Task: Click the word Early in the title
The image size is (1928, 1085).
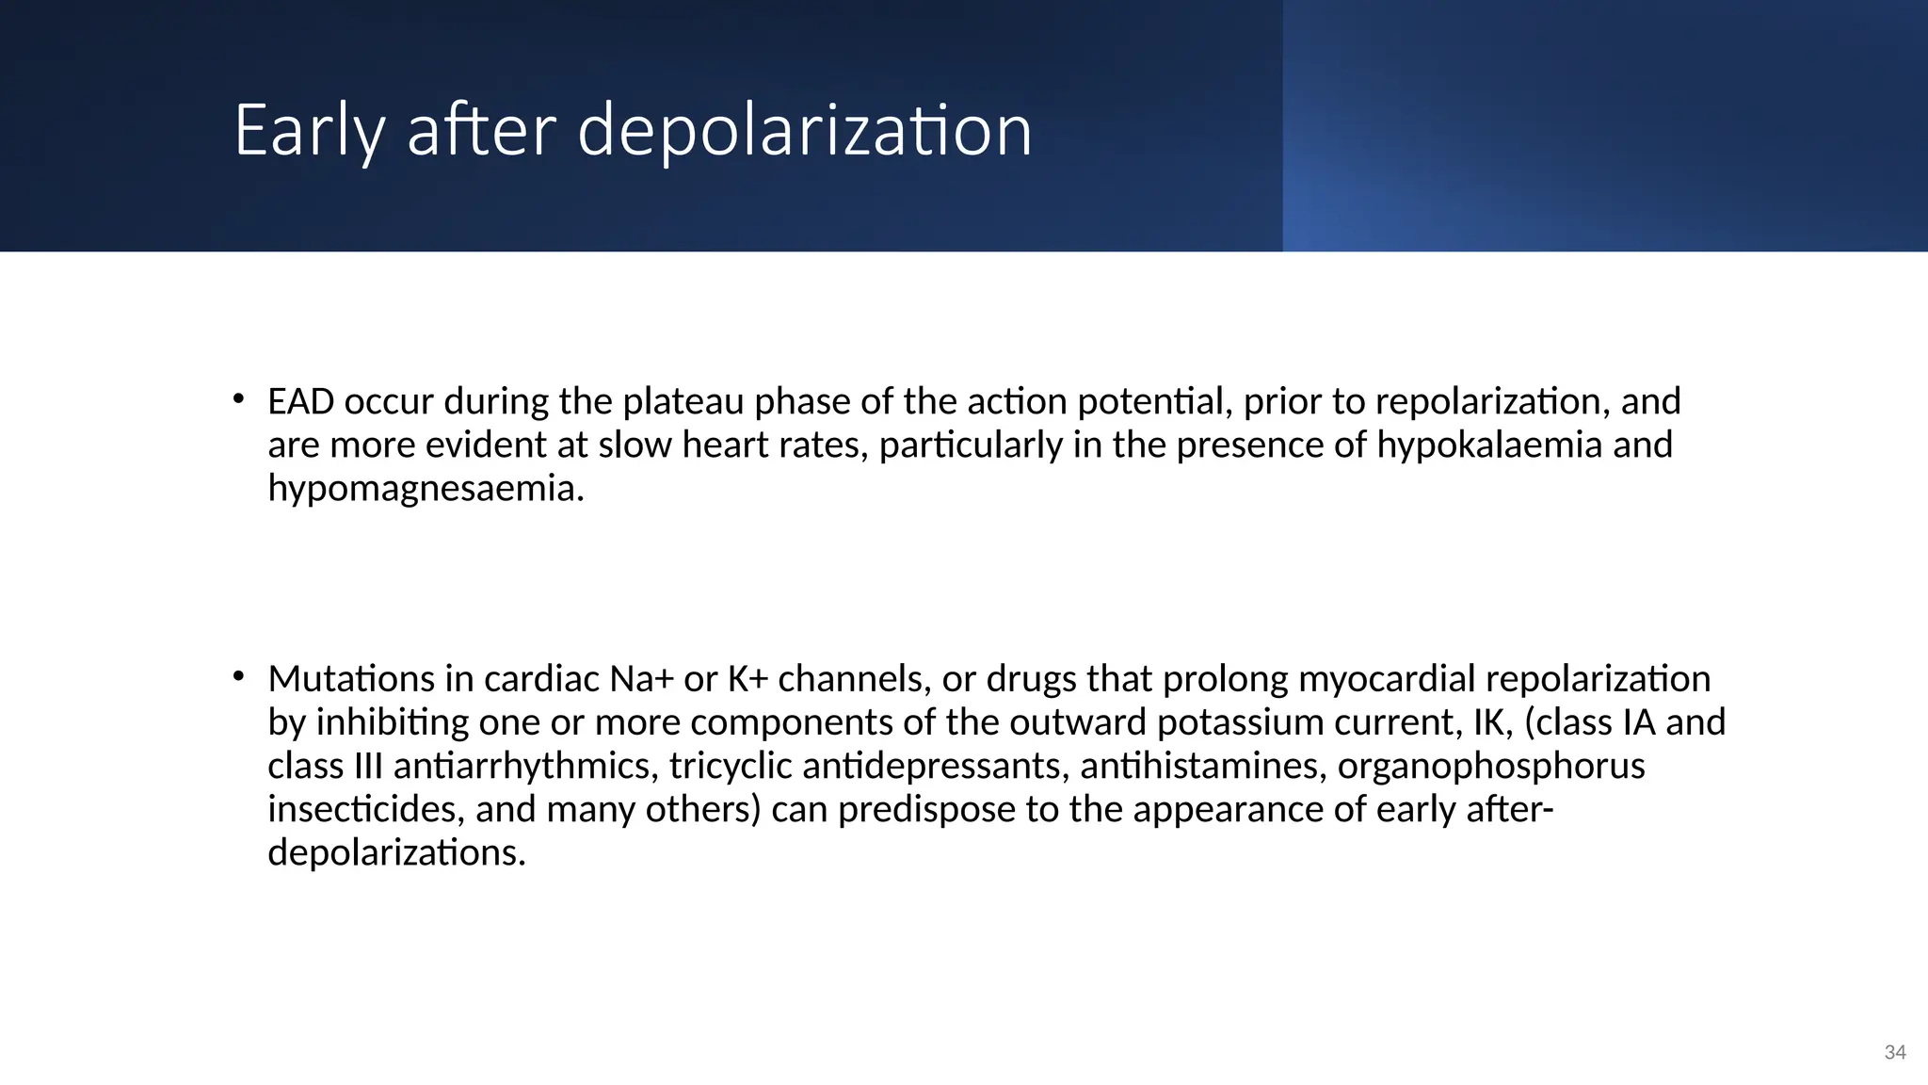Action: pos(309,130)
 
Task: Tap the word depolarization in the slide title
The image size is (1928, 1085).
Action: pos(805,130)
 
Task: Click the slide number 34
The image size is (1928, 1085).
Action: pos(1895,1053)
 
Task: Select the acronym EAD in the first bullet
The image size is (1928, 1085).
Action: pos(301,401)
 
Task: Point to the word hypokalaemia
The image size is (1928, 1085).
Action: pos(1489,445)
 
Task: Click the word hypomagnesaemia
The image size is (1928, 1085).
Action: pos(426,488)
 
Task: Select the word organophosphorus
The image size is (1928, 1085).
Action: pos(1491,766)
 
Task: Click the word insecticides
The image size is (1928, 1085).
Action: pos(365,809)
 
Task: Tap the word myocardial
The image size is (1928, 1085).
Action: pos(1386,678)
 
